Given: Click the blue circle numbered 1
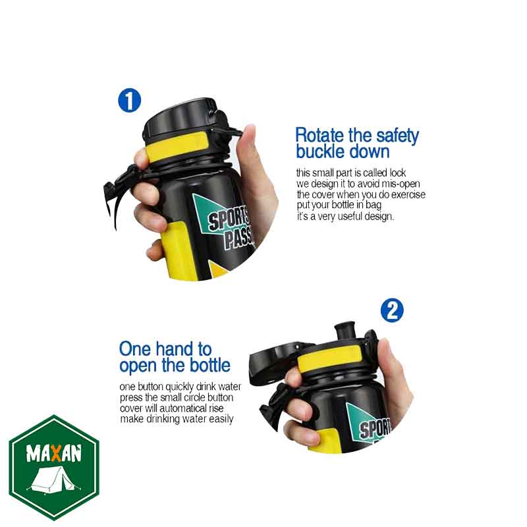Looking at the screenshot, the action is click(129, 100).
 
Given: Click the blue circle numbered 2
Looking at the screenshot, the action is click(392, 310).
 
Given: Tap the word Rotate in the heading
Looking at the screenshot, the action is click(320, 135).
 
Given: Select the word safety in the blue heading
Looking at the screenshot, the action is click(398, 136).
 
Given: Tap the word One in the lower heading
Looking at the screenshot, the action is click(135, 349).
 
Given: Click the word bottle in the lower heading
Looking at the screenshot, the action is click(210, 365).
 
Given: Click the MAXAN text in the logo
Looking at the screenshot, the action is click(54, 453).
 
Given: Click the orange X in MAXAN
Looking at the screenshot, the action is click(56, 453).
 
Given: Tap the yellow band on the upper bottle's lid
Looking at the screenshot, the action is click(177, 147).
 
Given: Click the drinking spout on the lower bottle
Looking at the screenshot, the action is click(345, 331).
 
